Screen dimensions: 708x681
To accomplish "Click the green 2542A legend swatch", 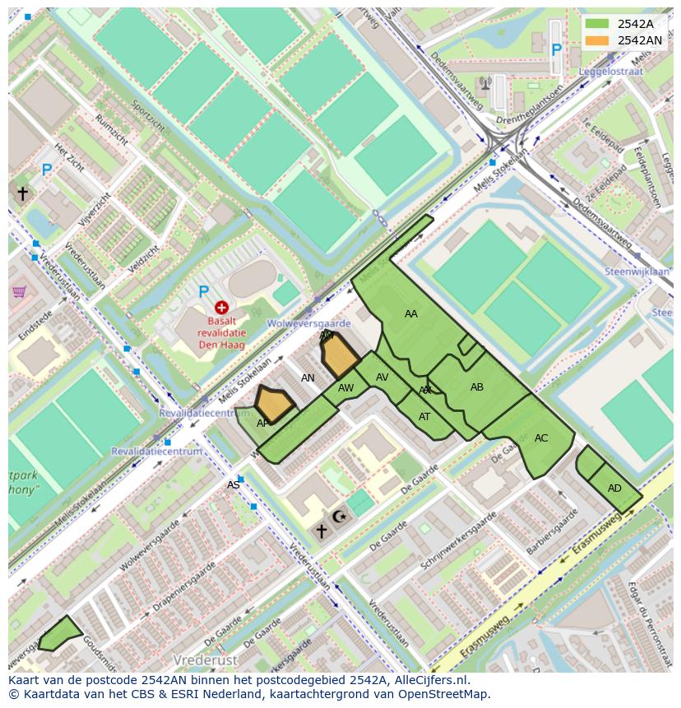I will (x=597, y=24).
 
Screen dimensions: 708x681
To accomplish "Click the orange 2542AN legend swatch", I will (x=597, y=40).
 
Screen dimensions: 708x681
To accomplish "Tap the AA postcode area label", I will (x=411, y=314).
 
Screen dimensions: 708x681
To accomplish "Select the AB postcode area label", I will (x=477, y=387).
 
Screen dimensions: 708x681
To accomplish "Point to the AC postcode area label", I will (x=541, y=438).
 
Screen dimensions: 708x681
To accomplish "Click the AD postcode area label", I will (x=614, y=488).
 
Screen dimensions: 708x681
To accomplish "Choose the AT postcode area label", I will (x=424, y=417).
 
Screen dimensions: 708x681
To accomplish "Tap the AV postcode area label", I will (x=382, y=377).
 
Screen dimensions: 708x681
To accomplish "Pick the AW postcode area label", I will (x=346, y=387).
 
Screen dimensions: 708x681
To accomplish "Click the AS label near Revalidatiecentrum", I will (x=234, y=485).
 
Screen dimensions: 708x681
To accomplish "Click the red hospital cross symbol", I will (x=221, y=308).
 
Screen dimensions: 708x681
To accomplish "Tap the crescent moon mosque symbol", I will (x=339, y=517).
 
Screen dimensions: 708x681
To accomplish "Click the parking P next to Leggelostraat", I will (x=557, y=51).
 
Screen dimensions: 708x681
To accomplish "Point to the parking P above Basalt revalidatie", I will (x=204, y=292).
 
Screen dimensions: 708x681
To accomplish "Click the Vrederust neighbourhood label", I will (x=206, y=660).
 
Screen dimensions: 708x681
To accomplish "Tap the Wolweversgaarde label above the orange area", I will (x=308, y=324).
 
